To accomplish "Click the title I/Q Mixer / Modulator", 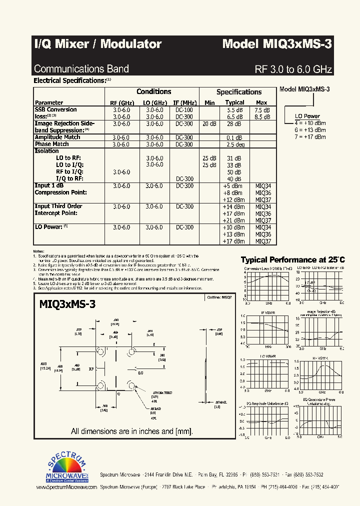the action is (97, 44).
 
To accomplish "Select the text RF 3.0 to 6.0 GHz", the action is (293, 69).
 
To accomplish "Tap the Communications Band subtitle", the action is (81, 69).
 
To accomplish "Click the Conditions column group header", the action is (154, 91).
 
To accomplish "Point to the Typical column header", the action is (234, 102).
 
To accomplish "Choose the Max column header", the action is (261, 102).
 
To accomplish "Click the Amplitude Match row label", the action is (57, 137).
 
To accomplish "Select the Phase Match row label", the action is (52, 144).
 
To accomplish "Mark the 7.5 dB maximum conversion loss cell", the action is (262, 110).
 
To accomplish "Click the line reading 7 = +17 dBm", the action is (310, 136).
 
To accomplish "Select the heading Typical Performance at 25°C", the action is (292, 260).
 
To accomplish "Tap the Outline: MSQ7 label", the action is (219, 297).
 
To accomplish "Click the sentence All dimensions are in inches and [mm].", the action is (132, 431).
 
